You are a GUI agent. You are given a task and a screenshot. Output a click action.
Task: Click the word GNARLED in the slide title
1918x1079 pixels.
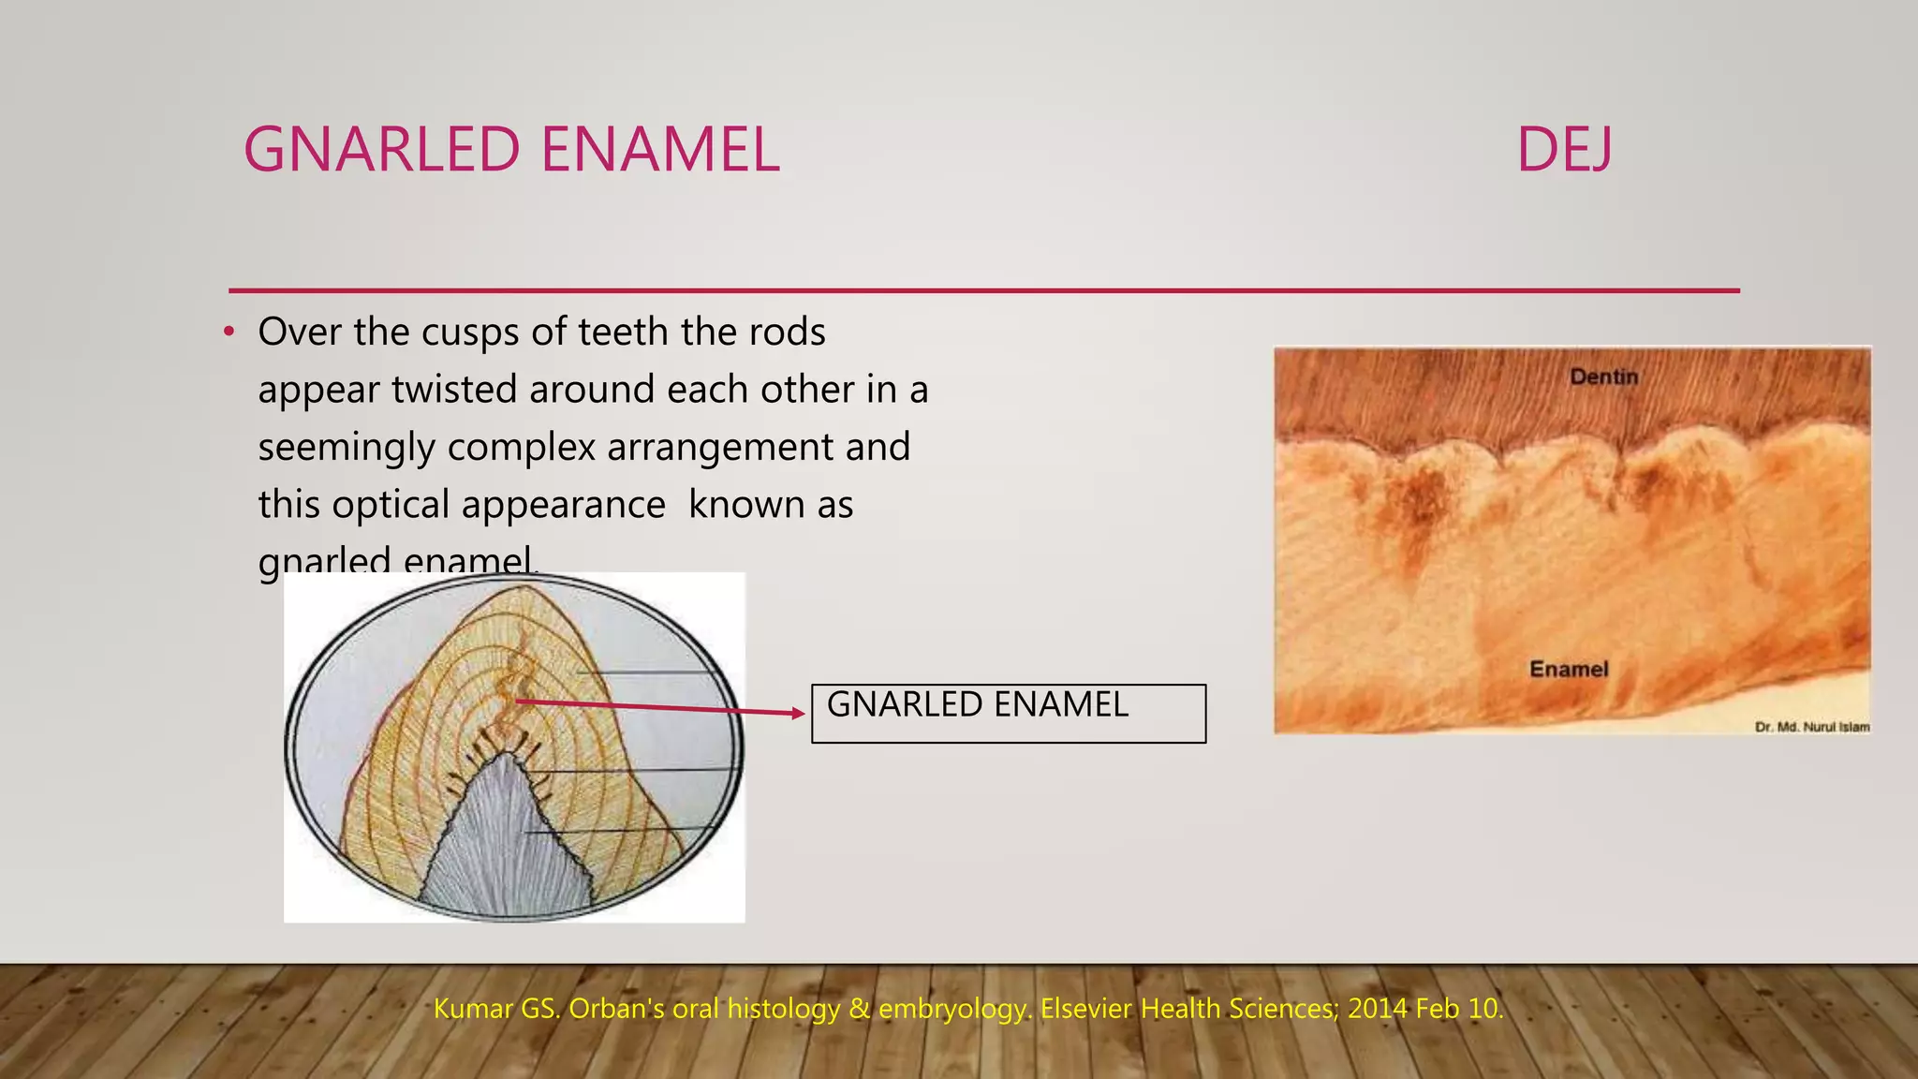point(381,150)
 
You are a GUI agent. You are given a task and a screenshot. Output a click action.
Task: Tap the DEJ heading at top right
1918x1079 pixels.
point(1564,150)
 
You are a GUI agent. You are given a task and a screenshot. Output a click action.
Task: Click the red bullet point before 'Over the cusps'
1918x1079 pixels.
point(229,333)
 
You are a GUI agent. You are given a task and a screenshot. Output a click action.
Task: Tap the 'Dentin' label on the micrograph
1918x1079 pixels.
point(1603,377)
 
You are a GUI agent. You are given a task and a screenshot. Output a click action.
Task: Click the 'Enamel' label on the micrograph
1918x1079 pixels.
point(1569,669)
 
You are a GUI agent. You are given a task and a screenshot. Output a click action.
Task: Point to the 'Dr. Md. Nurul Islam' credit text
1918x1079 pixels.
point(1811,727)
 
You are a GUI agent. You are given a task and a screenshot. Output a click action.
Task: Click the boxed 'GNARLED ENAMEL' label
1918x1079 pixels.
point(978,704)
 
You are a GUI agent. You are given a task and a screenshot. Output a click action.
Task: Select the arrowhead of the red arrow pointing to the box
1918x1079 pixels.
point(798,714)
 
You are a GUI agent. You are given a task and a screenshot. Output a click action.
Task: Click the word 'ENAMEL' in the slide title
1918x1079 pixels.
point(660,150)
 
